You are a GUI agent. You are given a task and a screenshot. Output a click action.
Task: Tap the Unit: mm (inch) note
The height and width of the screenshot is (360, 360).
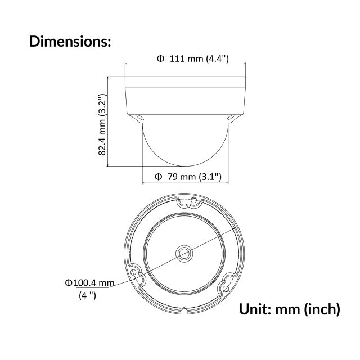[290, 309]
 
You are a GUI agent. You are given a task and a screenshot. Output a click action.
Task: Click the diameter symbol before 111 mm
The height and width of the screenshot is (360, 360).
[160, 58]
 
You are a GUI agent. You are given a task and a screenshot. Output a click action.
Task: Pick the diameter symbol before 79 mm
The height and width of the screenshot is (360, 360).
[159, 177]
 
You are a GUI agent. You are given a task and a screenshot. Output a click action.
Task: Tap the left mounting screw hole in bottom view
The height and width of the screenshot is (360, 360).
[134, 272]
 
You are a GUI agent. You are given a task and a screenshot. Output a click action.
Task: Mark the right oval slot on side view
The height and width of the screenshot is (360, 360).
[231, 118]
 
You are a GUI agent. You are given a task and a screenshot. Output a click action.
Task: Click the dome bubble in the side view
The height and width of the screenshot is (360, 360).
[185, 143]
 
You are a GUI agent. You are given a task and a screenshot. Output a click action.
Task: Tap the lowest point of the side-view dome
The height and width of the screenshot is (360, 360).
[185, 166]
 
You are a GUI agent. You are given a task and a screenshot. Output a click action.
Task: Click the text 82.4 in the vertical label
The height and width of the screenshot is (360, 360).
[102, 145]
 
